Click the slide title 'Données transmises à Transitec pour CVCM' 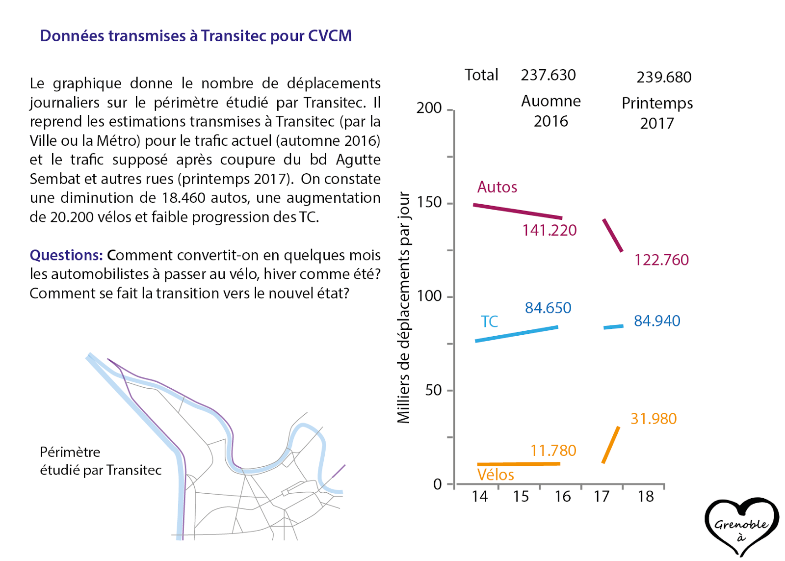(196, 36)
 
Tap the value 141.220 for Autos (549, 230)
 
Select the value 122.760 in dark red (661, 260)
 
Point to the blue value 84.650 (548, 308)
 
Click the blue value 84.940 (657, 321)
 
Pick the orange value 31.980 (654, 419)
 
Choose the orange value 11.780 (553, 451)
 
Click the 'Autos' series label (497, 187)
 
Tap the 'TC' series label (489, 321)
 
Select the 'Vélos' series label (496, 475)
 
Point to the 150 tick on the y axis (429, 202)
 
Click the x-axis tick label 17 (602, 497)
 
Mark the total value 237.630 (548, 75)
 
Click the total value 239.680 (664, 77)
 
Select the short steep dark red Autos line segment (613, 236)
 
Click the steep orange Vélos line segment (611, 445)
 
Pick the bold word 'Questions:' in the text (66, 255)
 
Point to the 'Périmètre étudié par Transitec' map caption (100, 461)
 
